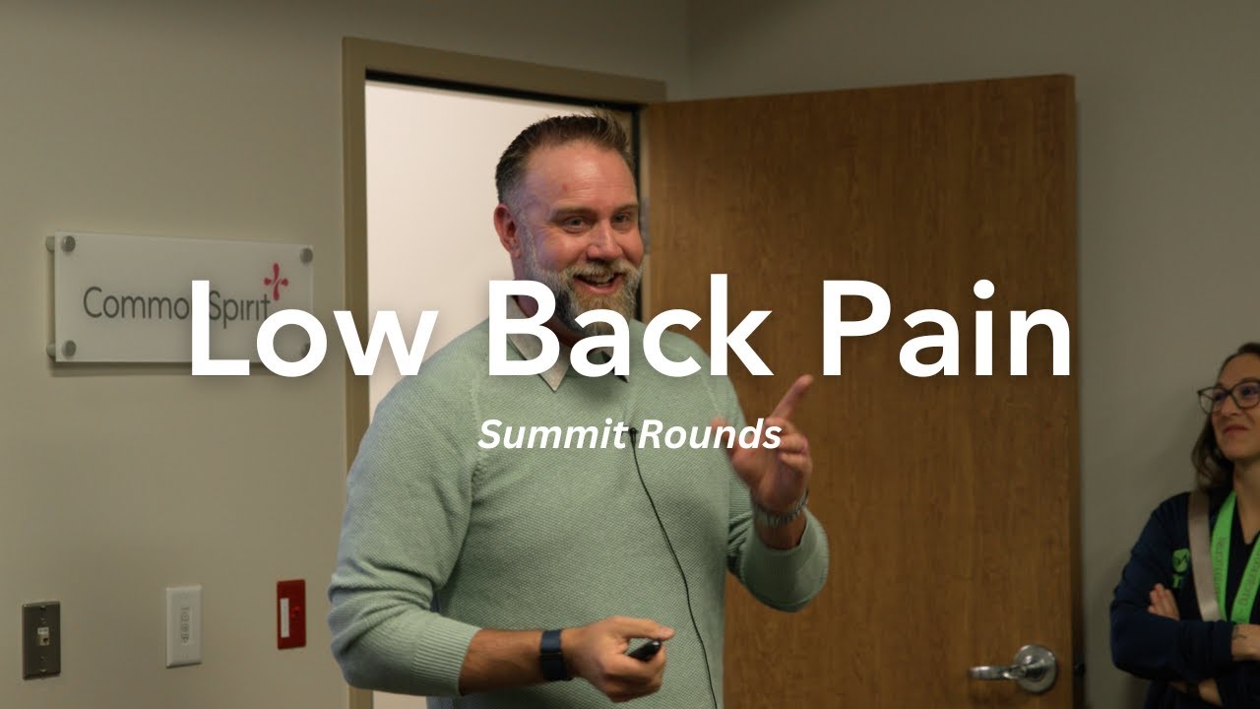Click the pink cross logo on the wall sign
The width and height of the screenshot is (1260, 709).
pos(277,282)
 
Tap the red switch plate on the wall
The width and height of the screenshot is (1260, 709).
pos(290,613)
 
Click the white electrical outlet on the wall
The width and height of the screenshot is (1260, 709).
pos(183,625)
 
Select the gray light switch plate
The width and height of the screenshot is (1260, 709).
pos(41,639)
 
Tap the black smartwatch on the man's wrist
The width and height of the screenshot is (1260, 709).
pos(553,655)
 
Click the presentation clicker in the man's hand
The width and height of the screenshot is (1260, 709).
pos(645,650)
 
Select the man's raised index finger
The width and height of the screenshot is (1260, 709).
pos(792,396)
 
